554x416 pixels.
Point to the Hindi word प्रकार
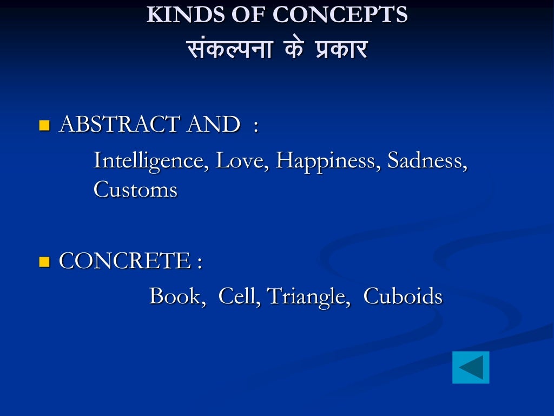340,50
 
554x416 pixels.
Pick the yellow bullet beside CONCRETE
44,263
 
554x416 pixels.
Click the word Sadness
427,161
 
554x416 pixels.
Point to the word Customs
135,190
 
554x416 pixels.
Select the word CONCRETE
124,261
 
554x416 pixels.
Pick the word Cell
239,296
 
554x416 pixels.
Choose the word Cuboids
403,296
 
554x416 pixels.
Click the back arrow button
471,367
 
